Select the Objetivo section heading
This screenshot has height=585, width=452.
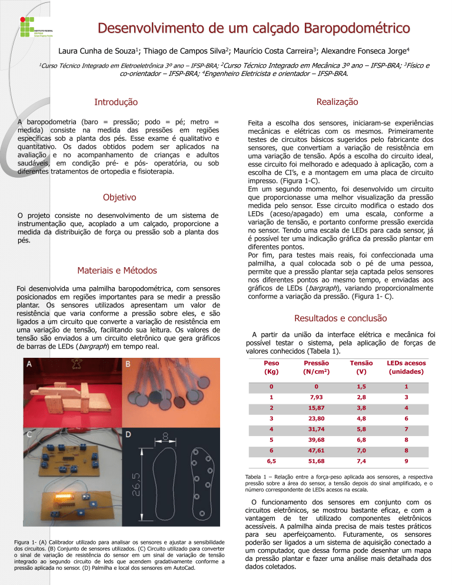pos(119,197)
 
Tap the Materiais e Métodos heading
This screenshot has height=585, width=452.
pos(117,270)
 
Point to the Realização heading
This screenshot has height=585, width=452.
pos(337,102)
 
